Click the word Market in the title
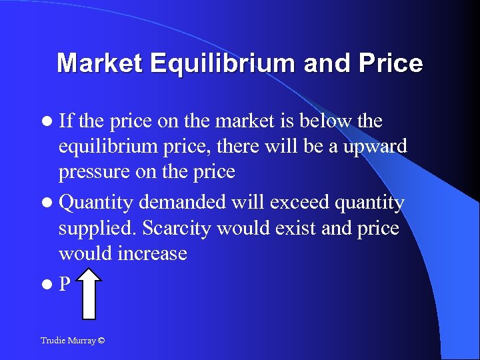coord(100,63)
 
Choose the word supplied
coord(96,228)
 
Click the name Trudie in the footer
coord(52,340)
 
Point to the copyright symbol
coord(101,340)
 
